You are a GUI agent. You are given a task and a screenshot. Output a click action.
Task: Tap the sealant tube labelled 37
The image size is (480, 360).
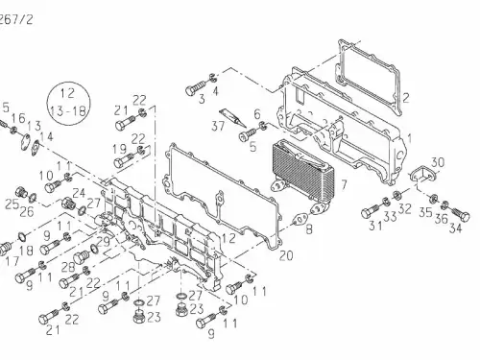(x=232, y=117)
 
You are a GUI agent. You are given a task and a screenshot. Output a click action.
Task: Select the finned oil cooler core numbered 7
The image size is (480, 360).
(x=303, y=167)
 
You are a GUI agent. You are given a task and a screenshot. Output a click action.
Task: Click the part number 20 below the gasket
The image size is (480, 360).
(x=286, y=255)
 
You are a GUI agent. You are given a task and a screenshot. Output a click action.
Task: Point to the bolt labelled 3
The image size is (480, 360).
(x=195, y=88)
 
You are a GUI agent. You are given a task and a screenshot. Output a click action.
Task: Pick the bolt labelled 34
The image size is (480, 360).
(x=461, y=214)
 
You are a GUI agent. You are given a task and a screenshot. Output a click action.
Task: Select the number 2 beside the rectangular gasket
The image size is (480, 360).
(x=406, y=98)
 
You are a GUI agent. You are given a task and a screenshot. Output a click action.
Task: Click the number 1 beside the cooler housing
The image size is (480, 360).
(x=409, y=138)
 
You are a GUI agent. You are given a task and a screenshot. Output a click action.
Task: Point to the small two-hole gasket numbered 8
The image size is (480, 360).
(x=301, y=220)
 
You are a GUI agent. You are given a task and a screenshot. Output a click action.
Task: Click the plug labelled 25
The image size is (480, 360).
(x=21, y=192)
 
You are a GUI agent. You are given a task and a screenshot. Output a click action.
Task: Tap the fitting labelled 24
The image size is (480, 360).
(x=68, y=204)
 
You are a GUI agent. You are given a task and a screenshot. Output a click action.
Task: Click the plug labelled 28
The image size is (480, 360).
(x=82, y=256)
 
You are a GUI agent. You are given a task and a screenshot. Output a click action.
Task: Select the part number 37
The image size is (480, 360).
(x=218, y=126)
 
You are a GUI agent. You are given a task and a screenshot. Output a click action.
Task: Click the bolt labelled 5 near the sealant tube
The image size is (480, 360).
(x=248, y=134)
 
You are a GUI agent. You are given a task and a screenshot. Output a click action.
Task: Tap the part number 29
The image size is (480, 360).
(x=104, y=241)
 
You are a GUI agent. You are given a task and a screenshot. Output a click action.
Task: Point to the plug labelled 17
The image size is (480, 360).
(x=5, y=249)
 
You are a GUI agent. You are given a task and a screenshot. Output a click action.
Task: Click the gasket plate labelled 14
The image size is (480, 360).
(x=36, y=148)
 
